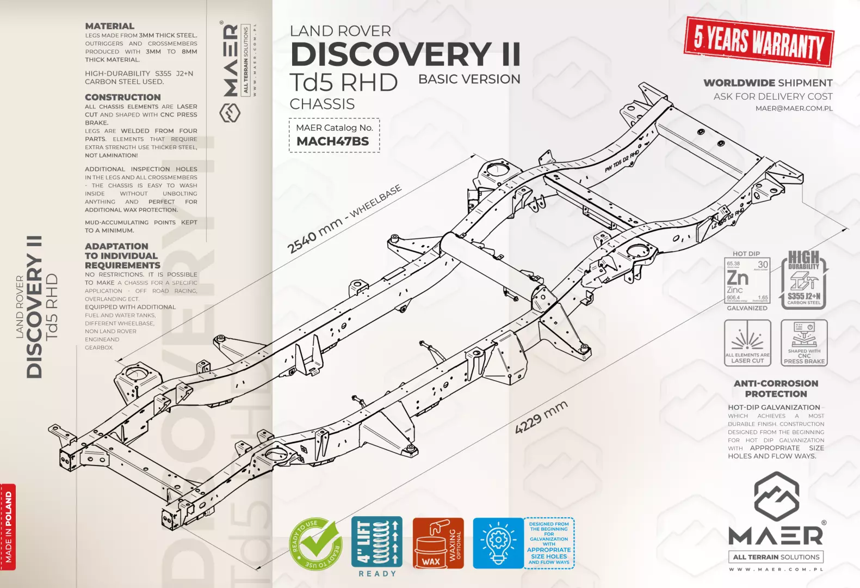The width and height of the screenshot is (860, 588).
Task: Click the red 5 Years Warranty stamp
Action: coord(759,42)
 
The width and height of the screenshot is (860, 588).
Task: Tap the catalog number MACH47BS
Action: coord(332,142)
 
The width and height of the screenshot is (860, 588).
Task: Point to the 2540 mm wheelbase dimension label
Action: coord(344,218)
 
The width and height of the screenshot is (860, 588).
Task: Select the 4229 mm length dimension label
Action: coord(541,417)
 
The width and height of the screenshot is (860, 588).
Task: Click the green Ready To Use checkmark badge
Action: coord(315,544)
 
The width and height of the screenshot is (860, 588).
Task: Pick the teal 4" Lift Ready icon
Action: coord(377,543)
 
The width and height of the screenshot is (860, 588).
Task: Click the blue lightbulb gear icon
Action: coord(498,543)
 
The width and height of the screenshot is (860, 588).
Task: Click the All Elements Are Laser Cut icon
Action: coord(747,342)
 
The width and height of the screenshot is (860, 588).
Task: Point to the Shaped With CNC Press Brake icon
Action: coord(804,342)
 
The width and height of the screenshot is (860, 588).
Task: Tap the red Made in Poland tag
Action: coord(8,526)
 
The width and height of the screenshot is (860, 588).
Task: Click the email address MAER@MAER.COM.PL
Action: coord(794,108)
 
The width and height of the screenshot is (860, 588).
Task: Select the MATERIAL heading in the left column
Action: coord(109,26)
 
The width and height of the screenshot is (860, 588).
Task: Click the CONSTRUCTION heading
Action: coord(122,97)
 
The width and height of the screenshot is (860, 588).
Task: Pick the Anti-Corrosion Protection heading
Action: coord(776,389)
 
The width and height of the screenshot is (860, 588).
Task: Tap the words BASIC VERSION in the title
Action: coord(469,79)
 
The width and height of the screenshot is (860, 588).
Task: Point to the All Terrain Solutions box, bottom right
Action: coord(776,557)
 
